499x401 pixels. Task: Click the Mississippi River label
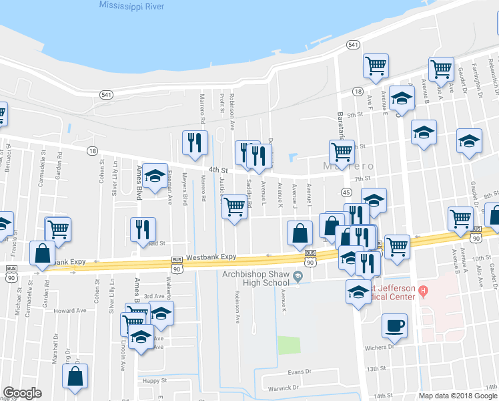point(139,5)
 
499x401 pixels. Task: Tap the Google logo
point(22,393)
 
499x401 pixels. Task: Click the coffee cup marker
point(394,325)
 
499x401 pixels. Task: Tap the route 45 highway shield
point(346,192)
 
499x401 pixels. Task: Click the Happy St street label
point(154,380)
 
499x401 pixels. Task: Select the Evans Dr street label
point(300,372)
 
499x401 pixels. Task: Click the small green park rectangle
point(289,345)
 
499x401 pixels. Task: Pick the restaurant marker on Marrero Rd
point(194,143)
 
